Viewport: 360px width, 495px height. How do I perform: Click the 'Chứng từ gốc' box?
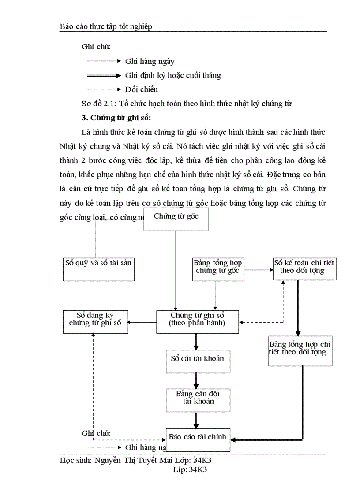click(176, 219)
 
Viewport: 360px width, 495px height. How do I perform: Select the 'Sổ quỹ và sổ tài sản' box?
click(98, 268)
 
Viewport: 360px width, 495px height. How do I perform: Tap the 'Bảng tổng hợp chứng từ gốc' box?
click(217, 268)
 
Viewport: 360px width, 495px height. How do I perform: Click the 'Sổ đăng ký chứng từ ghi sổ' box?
click(95, 322)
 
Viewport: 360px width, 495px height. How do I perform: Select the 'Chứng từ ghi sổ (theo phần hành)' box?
click(197, 322)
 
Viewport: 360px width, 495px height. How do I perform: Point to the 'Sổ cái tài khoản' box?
click(197, 361)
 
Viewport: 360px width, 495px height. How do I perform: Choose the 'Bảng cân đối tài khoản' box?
click(197, 399)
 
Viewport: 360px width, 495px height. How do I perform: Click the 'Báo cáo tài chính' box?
click(198, 439)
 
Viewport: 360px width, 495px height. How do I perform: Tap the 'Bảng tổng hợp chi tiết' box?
click(300, 351)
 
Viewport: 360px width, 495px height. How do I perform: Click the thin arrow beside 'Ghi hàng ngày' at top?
click(104, 62)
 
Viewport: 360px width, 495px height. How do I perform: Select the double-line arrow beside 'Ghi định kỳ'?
click(104, 75)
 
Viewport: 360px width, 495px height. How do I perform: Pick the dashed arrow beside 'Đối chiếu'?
click(104, 89)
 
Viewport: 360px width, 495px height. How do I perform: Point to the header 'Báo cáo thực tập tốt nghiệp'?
click(106, 27)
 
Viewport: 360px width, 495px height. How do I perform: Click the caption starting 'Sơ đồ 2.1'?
click(187, 104)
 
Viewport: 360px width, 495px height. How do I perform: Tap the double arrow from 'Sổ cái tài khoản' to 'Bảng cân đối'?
click(195, 380)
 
